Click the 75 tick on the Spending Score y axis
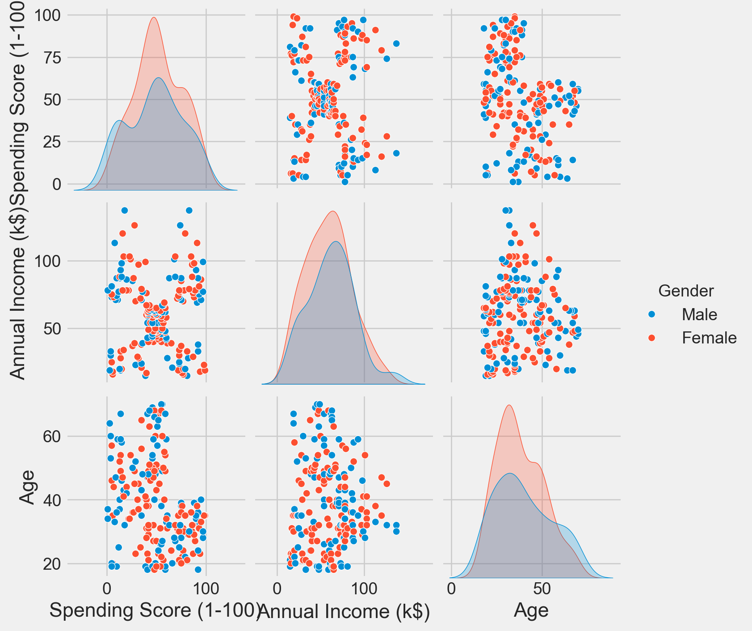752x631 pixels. tap(50, 58)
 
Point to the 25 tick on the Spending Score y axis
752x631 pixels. tap(50, 142)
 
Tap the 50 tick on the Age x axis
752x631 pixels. tap(542, 589)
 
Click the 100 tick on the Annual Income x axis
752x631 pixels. tap(364, 589)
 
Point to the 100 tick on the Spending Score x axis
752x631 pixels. tap(206, 589)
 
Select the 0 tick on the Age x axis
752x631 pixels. tap(451, 589)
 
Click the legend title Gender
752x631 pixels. tap(686, 291)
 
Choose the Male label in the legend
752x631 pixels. tap(699, 315)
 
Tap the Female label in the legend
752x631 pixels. tap(709, 338)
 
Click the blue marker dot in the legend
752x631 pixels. tap(651, 315)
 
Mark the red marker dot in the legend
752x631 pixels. tap(651, 338)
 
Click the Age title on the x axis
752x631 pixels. tap(531, 610)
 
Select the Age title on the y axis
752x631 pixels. tap(28, 487)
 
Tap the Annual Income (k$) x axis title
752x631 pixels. tap(344, 611)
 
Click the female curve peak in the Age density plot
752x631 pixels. tap(508, 405)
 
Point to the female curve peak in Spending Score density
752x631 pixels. tap(154, 17)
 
